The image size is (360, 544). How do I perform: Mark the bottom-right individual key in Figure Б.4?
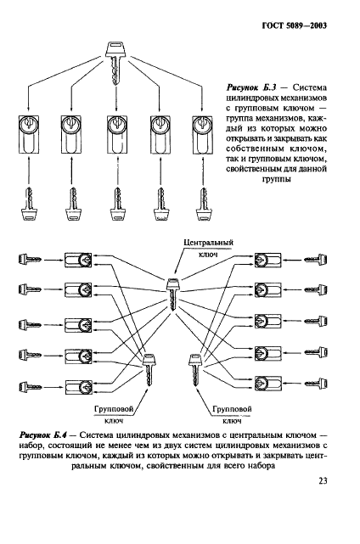pos(322,386)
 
